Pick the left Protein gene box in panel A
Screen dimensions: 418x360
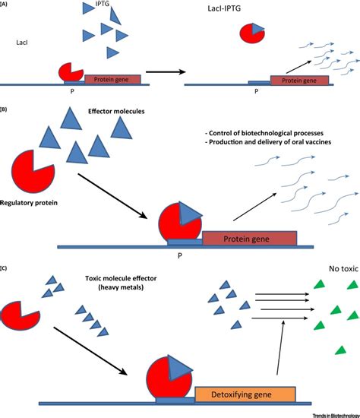[x=112, y=78]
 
